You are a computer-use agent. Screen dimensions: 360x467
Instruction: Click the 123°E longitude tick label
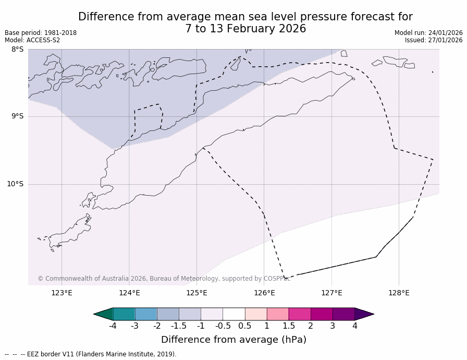click(62, 293)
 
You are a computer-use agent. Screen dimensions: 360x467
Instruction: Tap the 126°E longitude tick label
click(264, 293)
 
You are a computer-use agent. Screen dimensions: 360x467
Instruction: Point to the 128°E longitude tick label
click(399, 293)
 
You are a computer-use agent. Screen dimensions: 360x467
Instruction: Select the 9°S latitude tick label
click(17, 116)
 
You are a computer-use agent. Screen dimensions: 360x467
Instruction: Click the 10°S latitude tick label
click(15, 184)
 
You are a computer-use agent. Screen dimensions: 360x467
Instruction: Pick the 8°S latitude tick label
click(17, 50)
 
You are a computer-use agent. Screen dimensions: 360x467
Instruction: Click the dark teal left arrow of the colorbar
click(103, 314)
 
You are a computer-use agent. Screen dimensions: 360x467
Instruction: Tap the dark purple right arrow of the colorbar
click(364, 314)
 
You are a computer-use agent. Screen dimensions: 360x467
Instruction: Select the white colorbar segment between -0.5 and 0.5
click(233, 314)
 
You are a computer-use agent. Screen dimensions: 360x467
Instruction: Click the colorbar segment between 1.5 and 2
click(300, 314)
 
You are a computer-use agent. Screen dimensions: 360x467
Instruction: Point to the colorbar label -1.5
click(179, 326)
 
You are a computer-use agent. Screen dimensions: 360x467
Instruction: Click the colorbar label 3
click(333, 326)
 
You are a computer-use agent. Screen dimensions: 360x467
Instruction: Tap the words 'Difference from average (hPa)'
click(233, 340)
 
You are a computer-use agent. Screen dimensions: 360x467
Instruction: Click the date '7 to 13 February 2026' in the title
click(245, 29)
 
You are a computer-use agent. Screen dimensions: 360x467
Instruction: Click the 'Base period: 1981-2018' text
click(41, 33)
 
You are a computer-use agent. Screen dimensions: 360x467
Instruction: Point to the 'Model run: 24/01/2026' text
click(428, 33)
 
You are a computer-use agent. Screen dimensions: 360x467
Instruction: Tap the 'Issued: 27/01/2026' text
click(434, 40)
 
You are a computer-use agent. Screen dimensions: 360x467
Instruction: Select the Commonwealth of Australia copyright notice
click(164, 279)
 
